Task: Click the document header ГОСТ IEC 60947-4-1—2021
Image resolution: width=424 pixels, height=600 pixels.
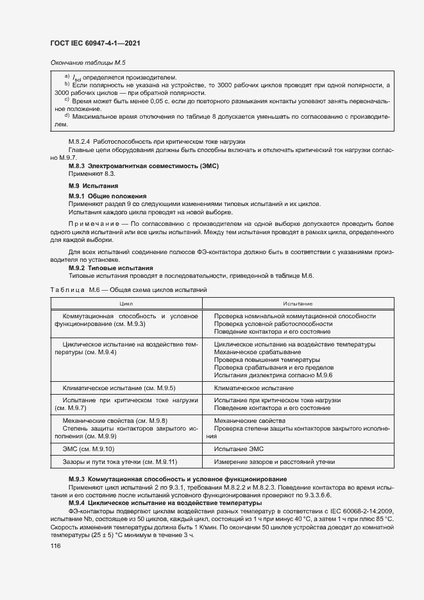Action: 95,43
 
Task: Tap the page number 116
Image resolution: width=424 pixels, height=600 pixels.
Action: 55,545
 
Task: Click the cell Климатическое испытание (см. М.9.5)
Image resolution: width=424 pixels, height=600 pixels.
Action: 119,388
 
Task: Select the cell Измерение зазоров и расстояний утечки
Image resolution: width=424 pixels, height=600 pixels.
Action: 275,462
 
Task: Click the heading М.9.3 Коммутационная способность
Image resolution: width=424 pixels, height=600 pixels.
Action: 177,479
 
